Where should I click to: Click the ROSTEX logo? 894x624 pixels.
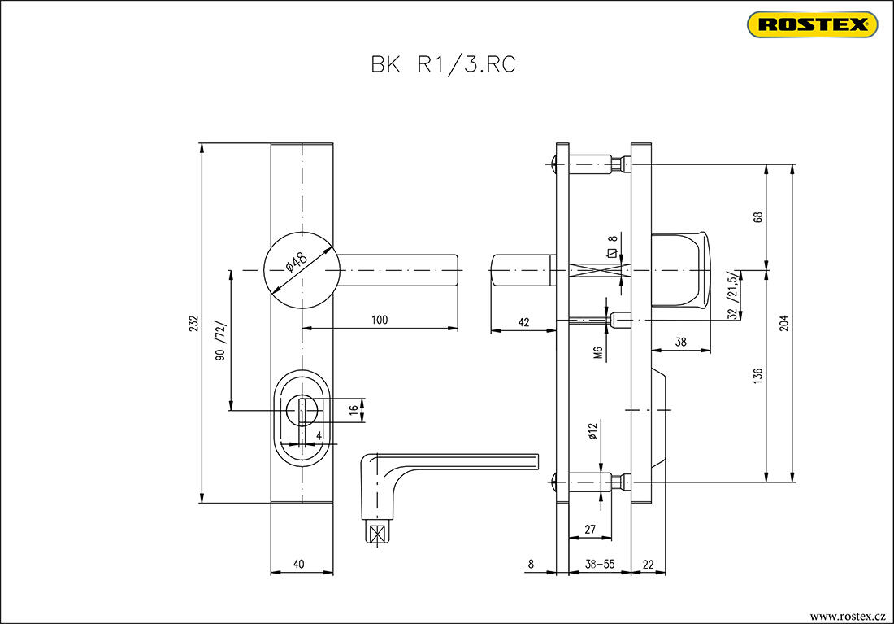point(812,24)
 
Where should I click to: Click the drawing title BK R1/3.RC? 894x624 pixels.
point(443,65)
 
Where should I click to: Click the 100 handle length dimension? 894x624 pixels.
point(379,320)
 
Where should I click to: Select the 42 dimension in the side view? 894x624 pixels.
point(523,322)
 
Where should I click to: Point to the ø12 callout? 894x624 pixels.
point(593,430)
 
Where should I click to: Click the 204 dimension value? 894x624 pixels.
point(783,322)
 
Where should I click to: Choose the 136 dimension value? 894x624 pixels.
point(757,375)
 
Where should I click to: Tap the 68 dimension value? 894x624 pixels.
point(757,217)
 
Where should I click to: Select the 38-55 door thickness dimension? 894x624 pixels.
point(599,563)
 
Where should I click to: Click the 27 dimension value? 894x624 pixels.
point(590,530)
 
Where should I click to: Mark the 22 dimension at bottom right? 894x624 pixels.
point(648,563)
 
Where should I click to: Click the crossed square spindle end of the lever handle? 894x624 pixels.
point(375,535)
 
